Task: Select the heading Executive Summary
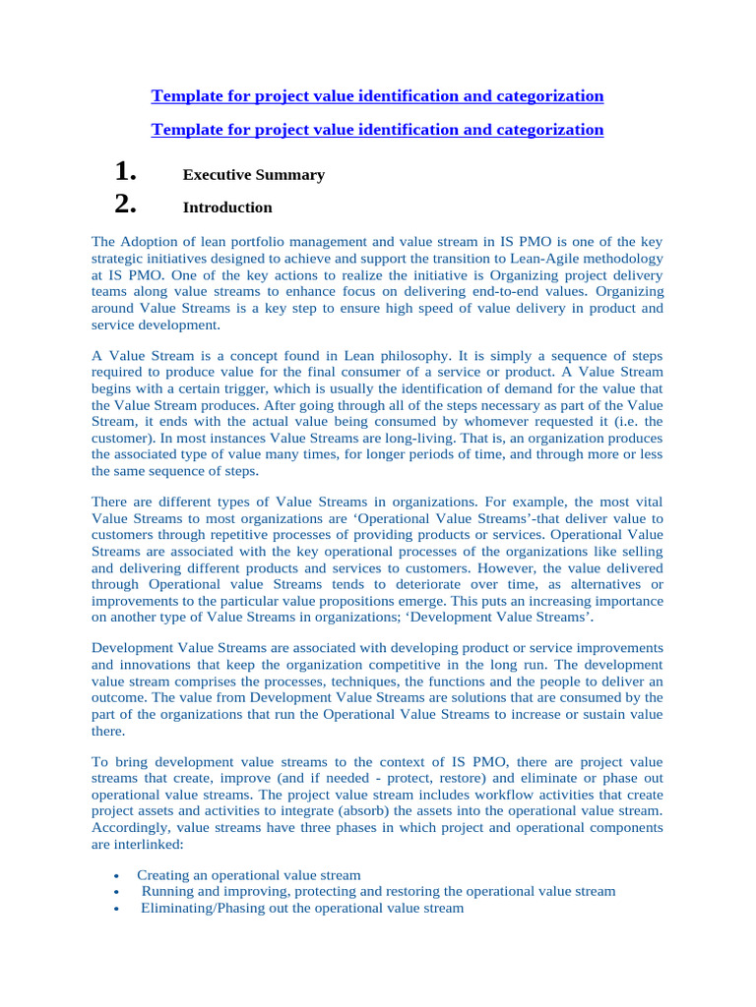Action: coord(253,175)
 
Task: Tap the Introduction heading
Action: coord(227,207)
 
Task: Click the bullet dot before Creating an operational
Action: coord(117,876)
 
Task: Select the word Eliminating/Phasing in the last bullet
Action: coord(194,909)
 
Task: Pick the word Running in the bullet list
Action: coord(165,892)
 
